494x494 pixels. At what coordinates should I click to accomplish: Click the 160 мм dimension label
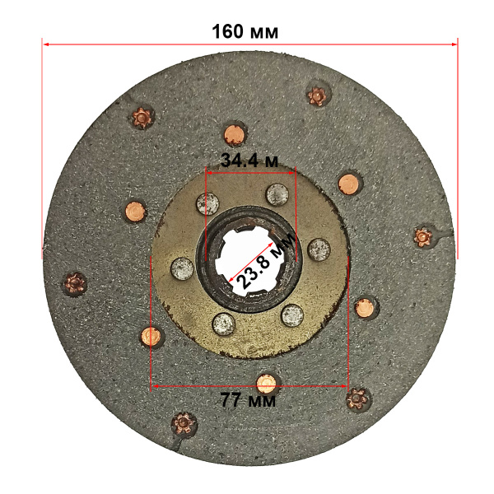coord(245,32)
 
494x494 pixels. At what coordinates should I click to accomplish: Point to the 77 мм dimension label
coord(249,400)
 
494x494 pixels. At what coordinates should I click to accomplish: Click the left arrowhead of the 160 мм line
coord(45,44)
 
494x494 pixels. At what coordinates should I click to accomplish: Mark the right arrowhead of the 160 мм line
coord(454,44)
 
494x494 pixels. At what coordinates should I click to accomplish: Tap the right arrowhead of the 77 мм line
coord(344,386)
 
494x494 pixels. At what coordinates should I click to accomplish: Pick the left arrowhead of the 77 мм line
coord(155,386)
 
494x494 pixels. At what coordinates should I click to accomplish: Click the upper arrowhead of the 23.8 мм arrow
coord(271,245)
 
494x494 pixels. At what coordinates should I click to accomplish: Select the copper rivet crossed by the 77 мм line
coord(266,384)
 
